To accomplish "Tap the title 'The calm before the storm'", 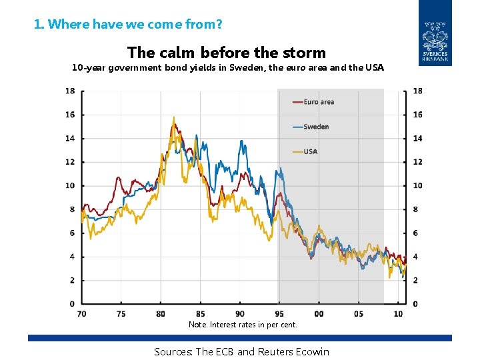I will click(x=227, y=52).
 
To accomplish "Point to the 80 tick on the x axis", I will click(x=161, y=313).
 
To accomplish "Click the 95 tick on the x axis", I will click(x=279, y=313).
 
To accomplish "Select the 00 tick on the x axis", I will click(x=319, y=313).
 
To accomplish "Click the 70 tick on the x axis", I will click(x=82, y=313).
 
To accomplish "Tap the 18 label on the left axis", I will click(x=69, y=91).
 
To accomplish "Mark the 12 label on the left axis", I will click(x=69, y=162).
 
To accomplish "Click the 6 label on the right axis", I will click(x=416, y=233).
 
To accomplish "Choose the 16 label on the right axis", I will click(x=417, y=115).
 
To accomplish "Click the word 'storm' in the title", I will click(x=303, y=52).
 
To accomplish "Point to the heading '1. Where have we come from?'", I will click(x=128, y=25).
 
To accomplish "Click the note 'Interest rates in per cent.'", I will click(x=253, y=325).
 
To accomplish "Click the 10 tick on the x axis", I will click(x=398, y=313).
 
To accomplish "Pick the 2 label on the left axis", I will click(x=72, y=281).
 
